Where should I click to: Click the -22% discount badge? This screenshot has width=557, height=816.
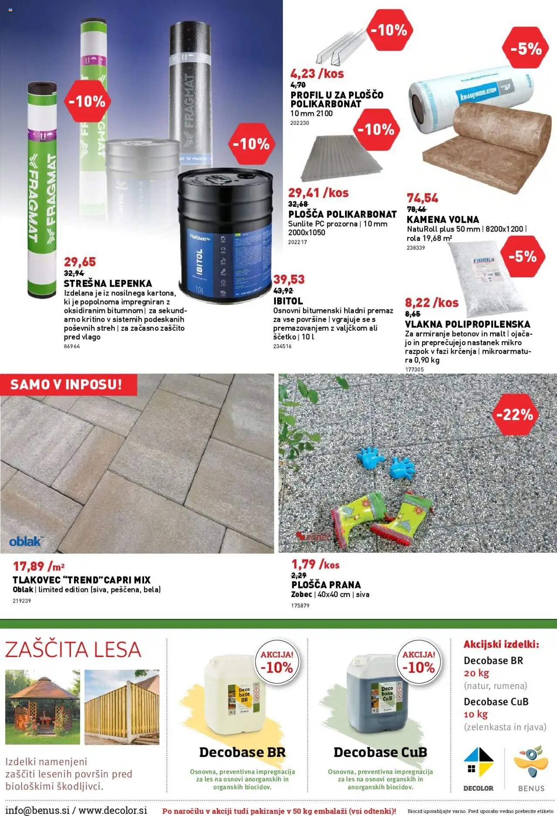tap(515, 414)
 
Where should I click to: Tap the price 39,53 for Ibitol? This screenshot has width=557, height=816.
tap(289, 279)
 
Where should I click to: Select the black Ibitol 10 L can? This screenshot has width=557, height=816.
tap(225, 235)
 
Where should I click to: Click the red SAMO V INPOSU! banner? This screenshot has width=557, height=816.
tap(67, 384)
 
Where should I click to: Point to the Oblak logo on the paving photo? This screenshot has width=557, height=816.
tap(25, 541)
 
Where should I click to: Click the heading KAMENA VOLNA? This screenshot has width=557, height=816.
tap(443, 219)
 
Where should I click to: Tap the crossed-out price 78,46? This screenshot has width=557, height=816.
tap(416, 209)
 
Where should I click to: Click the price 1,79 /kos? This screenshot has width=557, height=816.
tap(315, 564)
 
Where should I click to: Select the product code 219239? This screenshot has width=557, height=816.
tap(22, 601)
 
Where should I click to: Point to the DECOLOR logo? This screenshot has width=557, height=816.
tap(478, 768)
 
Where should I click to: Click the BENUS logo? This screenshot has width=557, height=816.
tap(531, 768)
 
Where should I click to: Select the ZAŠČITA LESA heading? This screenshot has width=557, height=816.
tap(73, 650)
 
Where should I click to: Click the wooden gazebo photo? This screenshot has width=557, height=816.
tap(43, 707)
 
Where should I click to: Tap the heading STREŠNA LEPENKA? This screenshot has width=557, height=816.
tap(108, 283)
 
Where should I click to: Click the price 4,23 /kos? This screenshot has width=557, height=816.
tap(317, 74)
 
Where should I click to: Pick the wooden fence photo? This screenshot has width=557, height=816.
tap(122, 707)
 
